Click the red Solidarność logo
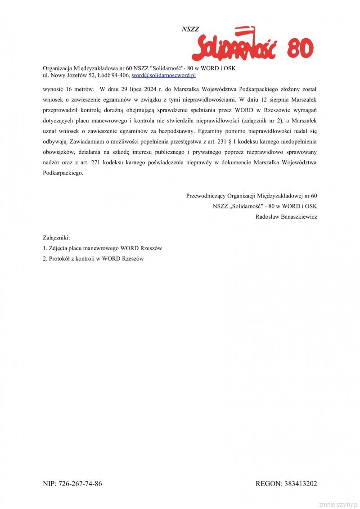coord(234,45)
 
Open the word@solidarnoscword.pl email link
coord(163,75)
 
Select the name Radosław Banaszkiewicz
coord(286,217)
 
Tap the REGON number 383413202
coord(300,484)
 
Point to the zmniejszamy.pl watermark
coord(338,504)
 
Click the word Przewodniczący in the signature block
coord(206,196)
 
